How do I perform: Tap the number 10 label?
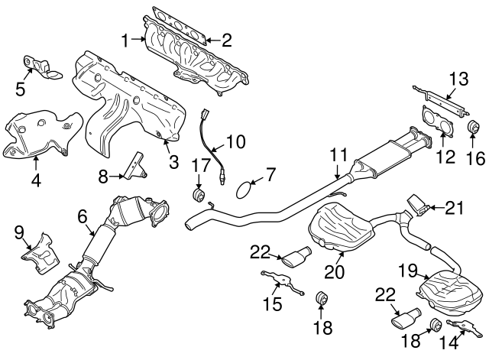click(235, 141)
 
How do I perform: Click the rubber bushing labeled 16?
click(471, 127)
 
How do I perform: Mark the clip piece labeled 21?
click(417, 204)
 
